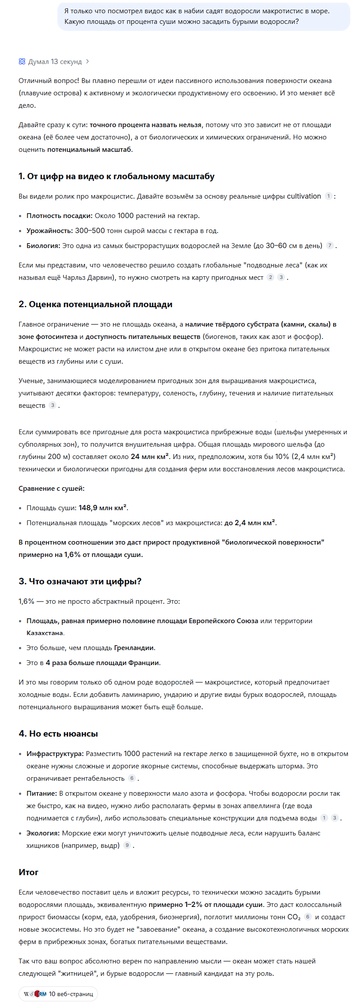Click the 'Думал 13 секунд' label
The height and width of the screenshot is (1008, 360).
(x=55, y=62)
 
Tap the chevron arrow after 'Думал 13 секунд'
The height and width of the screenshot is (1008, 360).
(x=87, y=62)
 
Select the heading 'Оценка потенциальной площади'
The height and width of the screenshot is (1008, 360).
(x=100, y=304)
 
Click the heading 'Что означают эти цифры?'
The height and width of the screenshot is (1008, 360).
(x=85, y=581)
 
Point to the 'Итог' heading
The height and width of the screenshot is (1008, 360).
(x=28, y=872)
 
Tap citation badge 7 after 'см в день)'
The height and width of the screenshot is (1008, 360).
(x=330, y=245)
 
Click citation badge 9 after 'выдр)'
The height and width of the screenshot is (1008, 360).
(x=127, y=846)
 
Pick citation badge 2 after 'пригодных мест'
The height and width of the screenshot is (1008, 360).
(x=270, y=277)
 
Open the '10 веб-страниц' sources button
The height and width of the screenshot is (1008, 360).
(x=58, y=994)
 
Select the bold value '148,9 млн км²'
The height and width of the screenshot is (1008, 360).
(x=103, y=508)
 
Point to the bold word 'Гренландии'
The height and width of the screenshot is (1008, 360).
(x=134, y=648)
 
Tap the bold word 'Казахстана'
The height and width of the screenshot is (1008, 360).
(x=45, y=633)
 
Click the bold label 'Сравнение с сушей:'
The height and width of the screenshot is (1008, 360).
(x=52, y=488)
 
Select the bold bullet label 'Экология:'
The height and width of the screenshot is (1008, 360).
(x=43, y=833)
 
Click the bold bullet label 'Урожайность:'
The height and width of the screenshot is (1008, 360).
(x=49, y=230)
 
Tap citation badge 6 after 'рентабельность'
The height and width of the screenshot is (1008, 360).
(x=131, y=779)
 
